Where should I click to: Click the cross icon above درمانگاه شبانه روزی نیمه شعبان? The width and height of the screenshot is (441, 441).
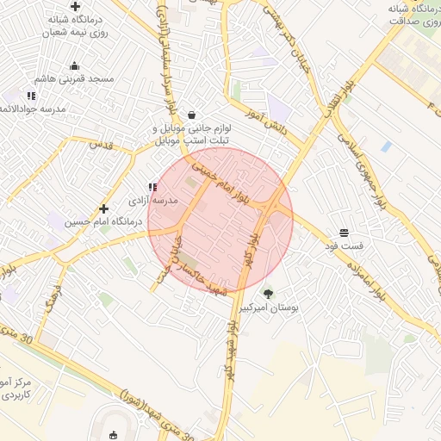(76, 7)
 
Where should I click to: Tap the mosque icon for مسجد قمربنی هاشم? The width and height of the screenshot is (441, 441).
(74, 65)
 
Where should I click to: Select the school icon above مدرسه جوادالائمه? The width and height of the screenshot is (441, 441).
(31, 96)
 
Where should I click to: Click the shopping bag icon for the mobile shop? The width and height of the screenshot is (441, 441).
(191, 115)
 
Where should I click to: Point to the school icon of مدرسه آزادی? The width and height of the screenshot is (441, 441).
(152, 187)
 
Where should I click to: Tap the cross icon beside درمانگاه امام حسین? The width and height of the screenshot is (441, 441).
(104, 208)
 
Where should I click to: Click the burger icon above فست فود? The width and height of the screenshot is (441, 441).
(345, 233)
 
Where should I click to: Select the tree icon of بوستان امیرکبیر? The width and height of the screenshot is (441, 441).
(268, 293)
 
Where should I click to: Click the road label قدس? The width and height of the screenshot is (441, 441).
(102, 144)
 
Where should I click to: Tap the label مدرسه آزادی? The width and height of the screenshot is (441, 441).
(152, 200)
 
